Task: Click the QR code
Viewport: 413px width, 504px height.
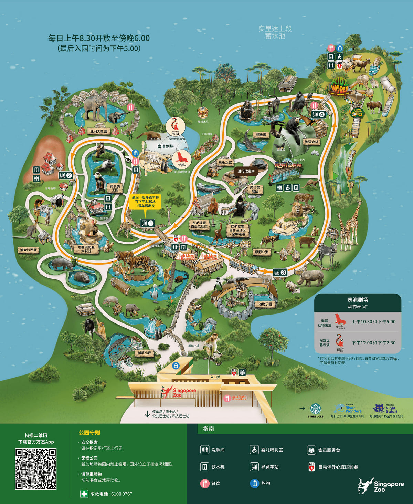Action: pyautogui.click(x=35, y=469)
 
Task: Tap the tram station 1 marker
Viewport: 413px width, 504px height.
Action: pyautogui.click(x=148, y=223)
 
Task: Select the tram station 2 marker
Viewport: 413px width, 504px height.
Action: pyautogui.click(x=66, y=175)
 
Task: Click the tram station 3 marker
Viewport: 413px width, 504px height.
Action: pyautogui.click(x=280, y=272)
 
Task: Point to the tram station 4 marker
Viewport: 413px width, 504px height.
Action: pyautogui.click(x=318, y=114)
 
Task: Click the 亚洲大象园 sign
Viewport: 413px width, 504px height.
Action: pyautogui.click(x=99, y=131)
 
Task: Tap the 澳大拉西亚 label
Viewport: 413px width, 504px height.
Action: pyautogui.click(x=29, y=250)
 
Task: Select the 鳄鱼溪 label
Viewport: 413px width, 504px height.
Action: pyautogui.click(x=261, y=135)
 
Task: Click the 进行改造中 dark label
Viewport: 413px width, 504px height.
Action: pyautogui.click(x=246, y=171)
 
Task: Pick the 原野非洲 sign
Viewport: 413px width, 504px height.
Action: pyautogui.click(x=262, y=252)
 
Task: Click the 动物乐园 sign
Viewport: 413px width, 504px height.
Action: pyautogui.click(x=265, y=304)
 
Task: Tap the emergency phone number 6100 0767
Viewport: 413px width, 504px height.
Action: pyautogui.click(x=111, y=494)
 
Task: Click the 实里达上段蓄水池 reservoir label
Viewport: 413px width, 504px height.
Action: pyautogui.click(x=275, y=32)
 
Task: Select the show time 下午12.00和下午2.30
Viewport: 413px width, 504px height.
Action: pyautogui.click(x=373, y=343)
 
